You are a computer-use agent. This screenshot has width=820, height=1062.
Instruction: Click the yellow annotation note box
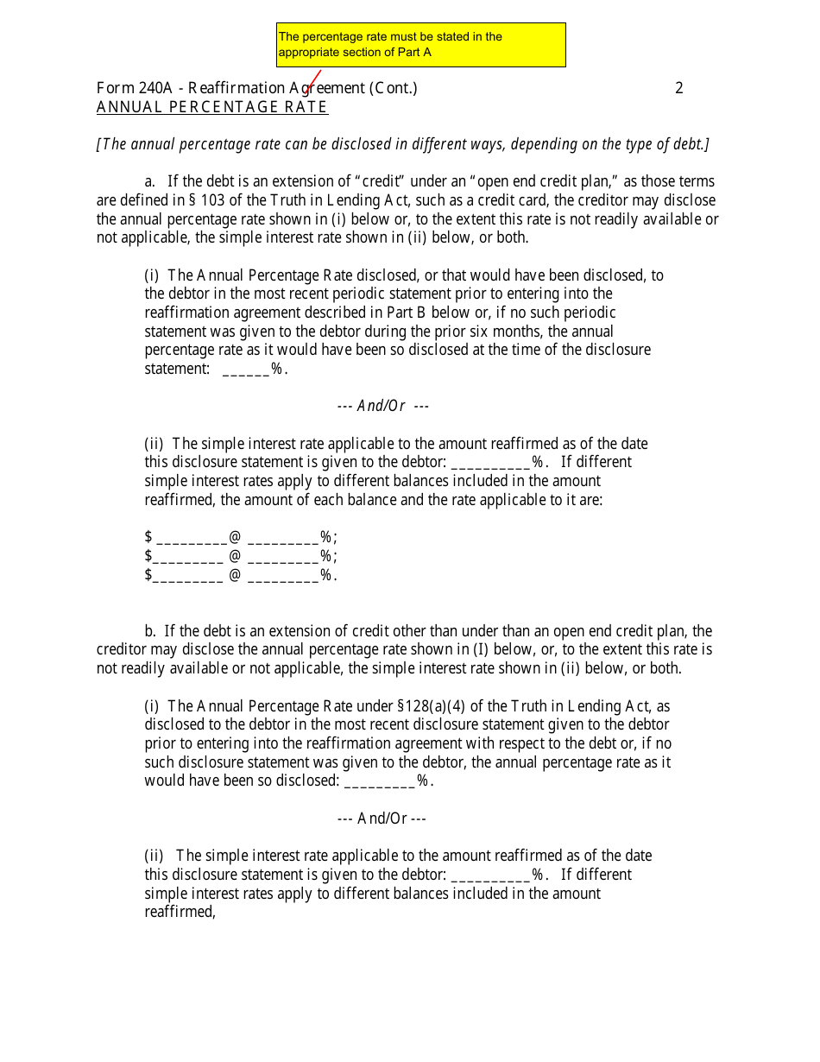tap(420, 45)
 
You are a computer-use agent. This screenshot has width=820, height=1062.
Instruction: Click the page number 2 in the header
tap(679, 88)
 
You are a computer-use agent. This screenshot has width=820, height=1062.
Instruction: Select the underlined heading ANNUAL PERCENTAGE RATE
tap(212, 107)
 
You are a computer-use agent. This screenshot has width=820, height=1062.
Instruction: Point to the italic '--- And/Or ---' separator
tap(383, 406)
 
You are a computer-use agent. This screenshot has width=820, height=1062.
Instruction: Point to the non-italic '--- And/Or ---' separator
tap(382, 819)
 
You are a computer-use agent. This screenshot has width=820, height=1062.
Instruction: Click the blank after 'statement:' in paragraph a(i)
tap(247, 370)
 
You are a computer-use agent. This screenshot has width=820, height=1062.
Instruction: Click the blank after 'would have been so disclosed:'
tap(380, 781)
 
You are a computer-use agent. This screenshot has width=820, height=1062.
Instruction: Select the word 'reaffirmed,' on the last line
tap(180, 912)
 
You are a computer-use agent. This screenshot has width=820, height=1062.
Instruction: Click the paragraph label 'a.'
tap(150, 181)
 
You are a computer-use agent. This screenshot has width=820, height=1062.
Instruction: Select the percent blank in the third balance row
tap(283, 576)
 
